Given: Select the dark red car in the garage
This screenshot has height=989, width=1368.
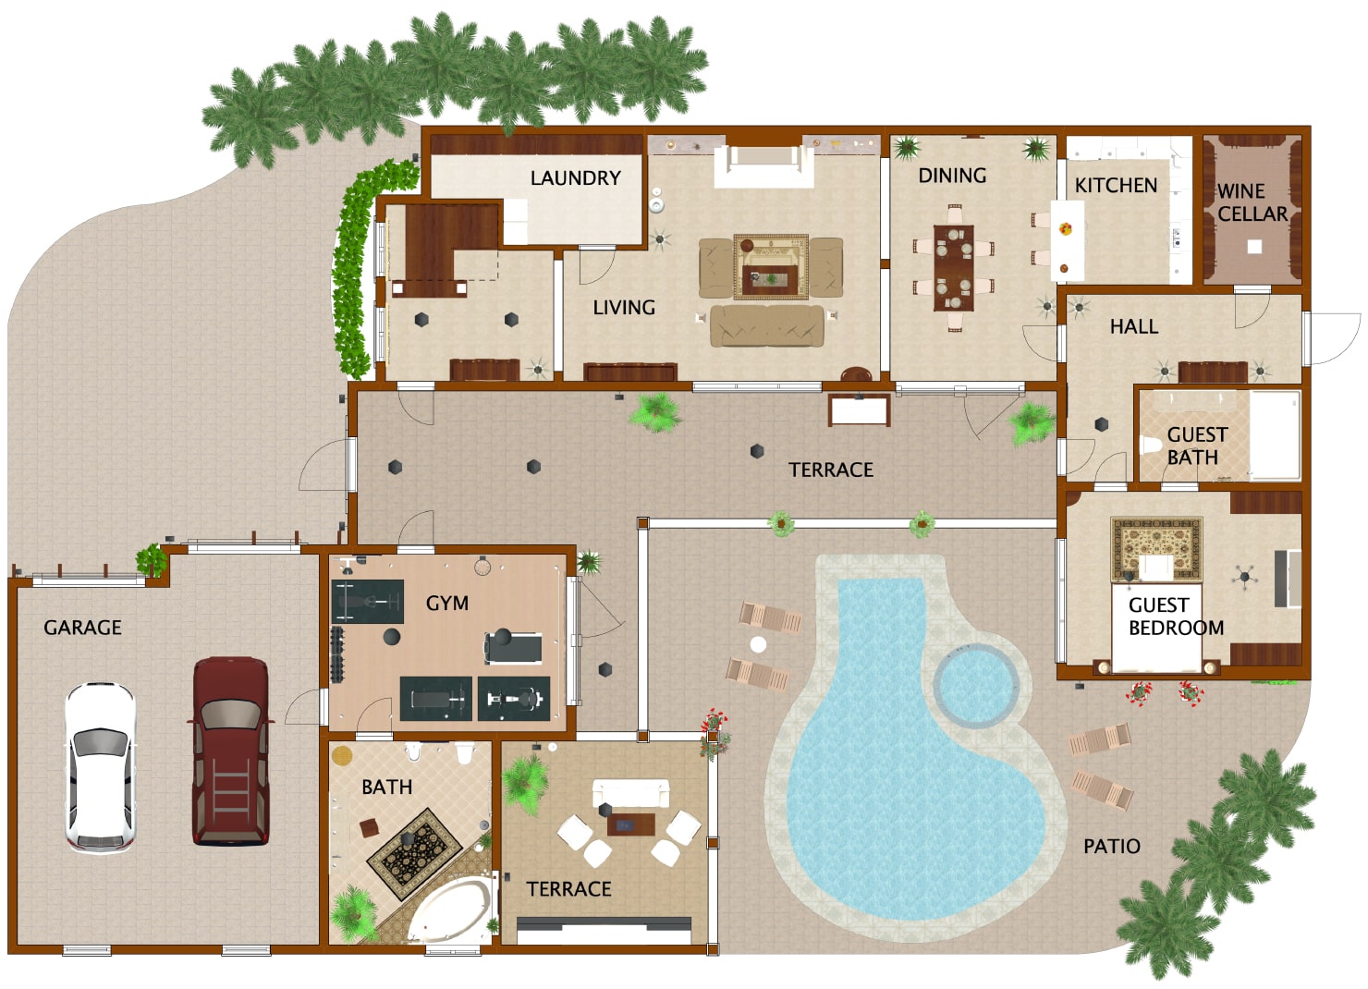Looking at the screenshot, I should [x=230, y=751].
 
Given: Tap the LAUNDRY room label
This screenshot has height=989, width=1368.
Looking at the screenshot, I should [x=575, y=177].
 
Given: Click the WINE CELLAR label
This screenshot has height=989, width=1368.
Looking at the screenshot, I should [x=1252, y=202].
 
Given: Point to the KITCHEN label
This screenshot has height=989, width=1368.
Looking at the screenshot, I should [x=1116, y=185].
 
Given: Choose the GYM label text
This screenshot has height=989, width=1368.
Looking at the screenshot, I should [x=447, y=603].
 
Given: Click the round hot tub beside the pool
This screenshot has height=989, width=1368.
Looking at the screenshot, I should [x=981, y=685].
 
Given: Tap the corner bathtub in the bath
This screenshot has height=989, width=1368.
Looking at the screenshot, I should [x=452, y=906].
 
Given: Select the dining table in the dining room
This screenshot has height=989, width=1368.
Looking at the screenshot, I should [x=953, y=267].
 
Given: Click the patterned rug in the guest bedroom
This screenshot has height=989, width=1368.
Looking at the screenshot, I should [x=1155, y=547].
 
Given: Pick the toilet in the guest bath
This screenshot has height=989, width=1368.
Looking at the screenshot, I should [x=1151, y=446].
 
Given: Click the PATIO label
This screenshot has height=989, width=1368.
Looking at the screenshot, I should [x=1111, y=846].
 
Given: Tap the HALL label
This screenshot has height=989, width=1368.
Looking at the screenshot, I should [x=1134, y=326].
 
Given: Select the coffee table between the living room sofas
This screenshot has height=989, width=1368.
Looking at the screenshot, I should [x=769, y=277].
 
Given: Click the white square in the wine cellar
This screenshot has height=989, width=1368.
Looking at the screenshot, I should [x=1254, y=247].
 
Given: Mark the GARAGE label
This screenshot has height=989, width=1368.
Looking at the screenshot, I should [x=83, y=628].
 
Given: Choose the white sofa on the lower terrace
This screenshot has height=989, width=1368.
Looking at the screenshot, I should [x=630, y=793].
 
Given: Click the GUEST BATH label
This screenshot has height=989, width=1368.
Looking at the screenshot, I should [x=1196, y=446].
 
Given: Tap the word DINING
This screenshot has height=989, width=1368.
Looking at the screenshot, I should [x=952, y=176].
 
